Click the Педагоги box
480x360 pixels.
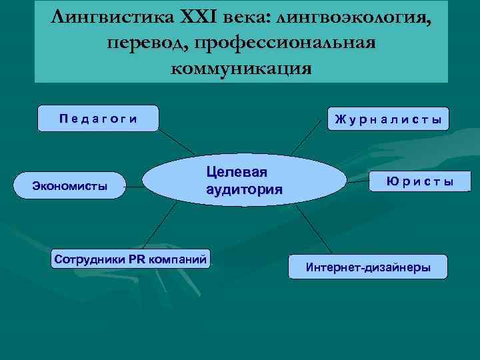[x=98, y=119]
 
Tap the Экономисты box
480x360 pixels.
[x=70, y=186]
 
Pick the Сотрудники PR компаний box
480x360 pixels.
[x=131, y=257]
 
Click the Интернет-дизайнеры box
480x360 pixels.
[x=368, y=267]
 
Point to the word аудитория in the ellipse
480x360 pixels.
[x=244, y=189]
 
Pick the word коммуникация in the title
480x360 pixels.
[x=241, y=68]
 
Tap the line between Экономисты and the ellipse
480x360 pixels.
[x=136, y=187]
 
